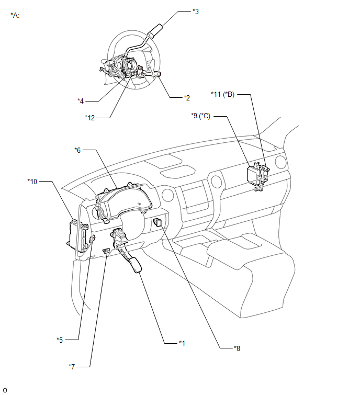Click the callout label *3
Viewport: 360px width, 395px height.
point(196,12)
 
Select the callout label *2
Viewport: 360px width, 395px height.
point(187,98)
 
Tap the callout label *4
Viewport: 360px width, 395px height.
point(81,101)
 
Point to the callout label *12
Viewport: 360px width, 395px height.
point(89,118)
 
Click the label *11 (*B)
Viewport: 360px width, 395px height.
point(223,95)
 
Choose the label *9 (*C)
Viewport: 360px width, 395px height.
point(201,116)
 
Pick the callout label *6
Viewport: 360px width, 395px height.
point(77,150)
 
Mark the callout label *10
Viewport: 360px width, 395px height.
point(32,182)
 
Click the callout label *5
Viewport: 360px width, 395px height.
point(60,340)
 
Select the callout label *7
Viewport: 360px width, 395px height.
point(72,367)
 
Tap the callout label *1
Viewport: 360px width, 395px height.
point(182,343)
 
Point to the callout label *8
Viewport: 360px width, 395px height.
point(237,348)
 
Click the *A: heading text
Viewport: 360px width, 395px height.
point(15,15)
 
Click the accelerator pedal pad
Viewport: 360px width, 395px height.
point(136,265)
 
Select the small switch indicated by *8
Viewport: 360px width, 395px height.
point(157,222)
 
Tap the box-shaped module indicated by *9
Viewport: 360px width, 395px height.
point(253,174)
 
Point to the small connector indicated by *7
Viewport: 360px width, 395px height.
point(106,251)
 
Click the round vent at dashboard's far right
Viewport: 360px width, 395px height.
point(280,162)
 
